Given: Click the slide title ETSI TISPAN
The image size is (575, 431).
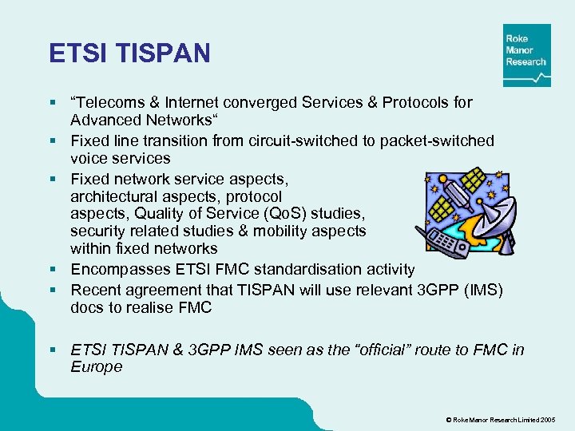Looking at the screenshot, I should click(129, 53).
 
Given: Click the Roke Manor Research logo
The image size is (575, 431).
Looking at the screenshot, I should click(526, 55).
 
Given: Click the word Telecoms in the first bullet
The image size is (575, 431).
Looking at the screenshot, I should click(109, 102).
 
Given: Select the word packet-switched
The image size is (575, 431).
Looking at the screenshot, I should click(438, 140).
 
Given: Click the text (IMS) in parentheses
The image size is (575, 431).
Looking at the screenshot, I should click(482, 289).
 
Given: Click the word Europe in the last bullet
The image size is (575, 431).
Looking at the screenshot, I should click(97, 367).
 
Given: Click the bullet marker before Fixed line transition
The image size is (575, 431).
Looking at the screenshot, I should click(53, 141).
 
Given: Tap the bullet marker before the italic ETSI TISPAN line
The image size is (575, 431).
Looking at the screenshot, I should click(53, 350).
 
